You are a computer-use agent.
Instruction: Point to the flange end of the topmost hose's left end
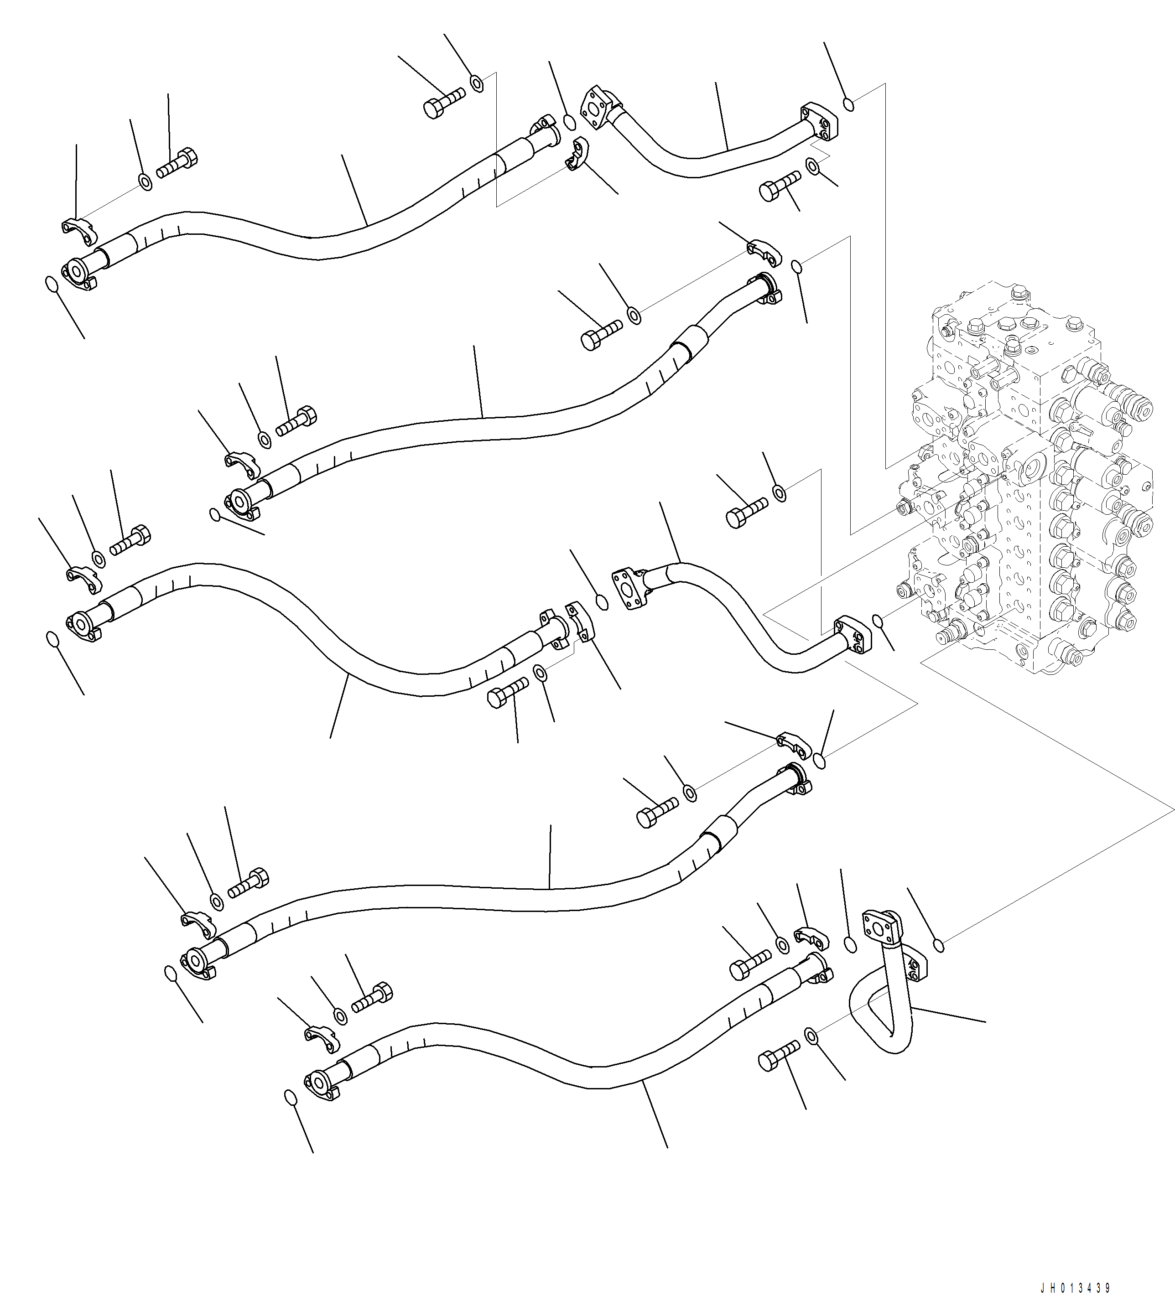(x=76, y=271)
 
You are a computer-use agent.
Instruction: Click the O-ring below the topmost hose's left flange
(x=50, y=284)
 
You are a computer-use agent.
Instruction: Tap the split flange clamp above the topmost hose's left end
(x=79, y=230)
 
